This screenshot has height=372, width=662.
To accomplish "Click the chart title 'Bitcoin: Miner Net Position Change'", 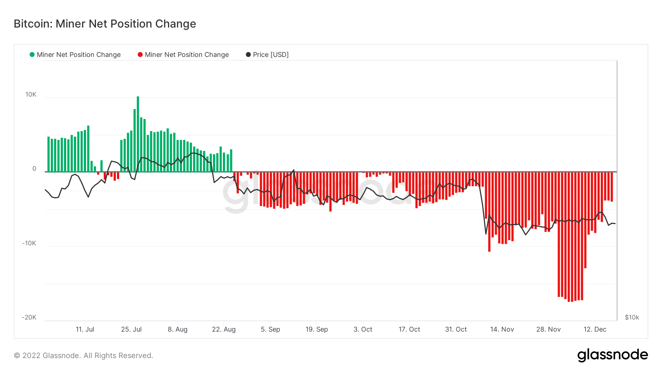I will [105, 24].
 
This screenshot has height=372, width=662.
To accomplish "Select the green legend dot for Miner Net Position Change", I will [32, 55].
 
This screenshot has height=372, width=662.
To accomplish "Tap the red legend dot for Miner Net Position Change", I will [140, 55].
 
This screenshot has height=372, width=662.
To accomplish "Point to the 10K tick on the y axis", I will [31, 95].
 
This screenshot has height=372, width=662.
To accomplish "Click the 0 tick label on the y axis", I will [34, 169].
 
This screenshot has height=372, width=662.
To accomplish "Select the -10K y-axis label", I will [29, 243].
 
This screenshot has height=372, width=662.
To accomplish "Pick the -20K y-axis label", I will [29, 318].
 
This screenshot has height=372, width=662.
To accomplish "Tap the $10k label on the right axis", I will [632, 318].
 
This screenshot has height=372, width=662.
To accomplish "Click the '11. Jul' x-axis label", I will [85, 329].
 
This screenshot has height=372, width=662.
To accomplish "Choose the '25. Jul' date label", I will [131, 329].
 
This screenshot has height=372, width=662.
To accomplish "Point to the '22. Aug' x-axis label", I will [224, 329].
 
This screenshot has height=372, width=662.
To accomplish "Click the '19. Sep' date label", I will [317, 329].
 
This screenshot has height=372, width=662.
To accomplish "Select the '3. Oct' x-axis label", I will [363, 329].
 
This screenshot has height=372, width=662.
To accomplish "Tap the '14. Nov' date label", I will [502, 329].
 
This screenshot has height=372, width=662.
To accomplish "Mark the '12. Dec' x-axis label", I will [595, 329].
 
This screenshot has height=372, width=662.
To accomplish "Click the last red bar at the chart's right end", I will [612, 187].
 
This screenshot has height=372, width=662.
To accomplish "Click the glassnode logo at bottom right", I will [612, 355].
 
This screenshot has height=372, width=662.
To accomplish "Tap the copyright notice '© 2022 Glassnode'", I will [83, 355].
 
